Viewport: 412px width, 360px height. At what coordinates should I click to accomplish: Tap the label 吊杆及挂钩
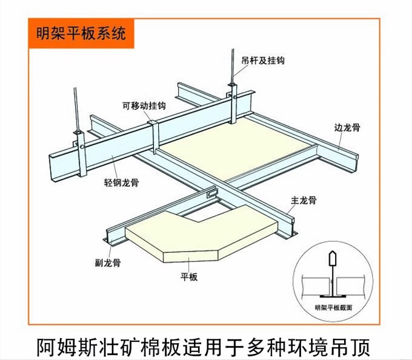pyautogui.click(x=262, y=61)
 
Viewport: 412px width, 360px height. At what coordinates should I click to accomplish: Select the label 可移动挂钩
pyautogui.click(x=144, y=105)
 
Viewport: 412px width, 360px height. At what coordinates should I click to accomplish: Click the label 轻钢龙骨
pyautogui.click(x=117, y=182)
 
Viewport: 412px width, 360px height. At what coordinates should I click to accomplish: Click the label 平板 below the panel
pyautogui.click(x=189, y=278)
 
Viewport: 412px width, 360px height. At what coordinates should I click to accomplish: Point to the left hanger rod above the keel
pyautogui.click(x=75, y=109)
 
